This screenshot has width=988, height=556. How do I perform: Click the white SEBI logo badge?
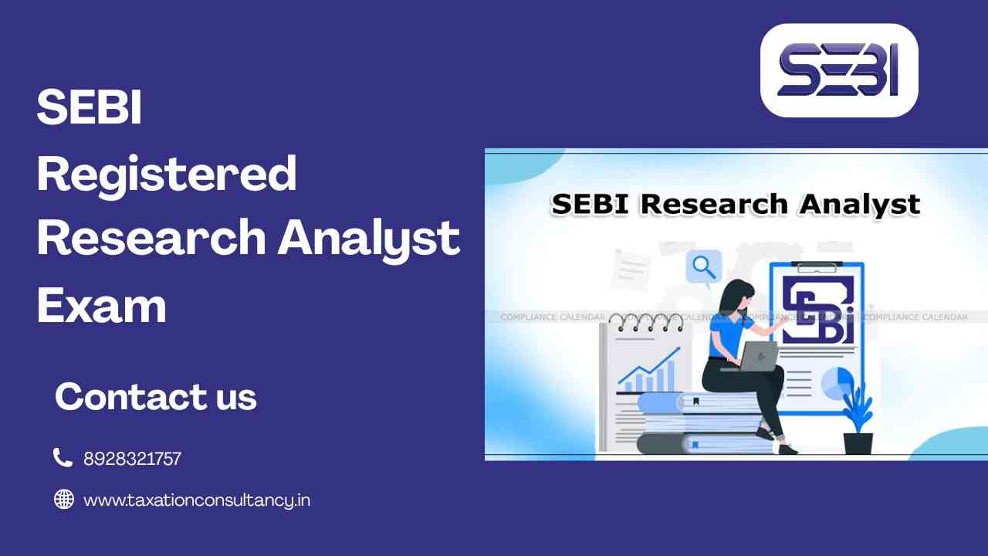click(839, 70)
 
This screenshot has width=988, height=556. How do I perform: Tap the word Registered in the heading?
click(167, 175)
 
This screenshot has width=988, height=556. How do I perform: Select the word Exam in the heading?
click(102, 305)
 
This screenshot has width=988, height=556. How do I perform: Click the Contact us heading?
click(156, 396)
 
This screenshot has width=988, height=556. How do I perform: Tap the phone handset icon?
click(63, 457)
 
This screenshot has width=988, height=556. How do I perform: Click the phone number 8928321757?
click(132, 459)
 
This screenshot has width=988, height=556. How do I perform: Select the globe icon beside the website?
click(64, 499)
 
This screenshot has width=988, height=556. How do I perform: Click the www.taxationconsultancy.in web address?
click(197, 500)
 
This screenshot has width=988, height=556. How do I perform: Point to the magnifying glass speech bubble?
click(704, 268)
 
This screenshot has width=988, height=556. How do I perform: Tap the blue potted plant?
click(858, 419)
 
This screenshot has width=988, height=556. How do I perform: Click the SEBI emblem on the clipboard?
click(817, 310)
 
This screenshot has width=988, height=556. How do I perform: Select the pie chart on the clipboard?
click(837, 384)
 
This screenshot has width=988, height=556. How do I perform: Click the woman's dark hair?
click(733, 300)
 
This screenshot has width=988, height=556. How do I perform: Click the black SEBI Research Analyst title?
click(736, 205)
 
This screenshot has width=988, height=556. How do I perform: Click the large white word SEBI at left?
click(90, 107)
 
